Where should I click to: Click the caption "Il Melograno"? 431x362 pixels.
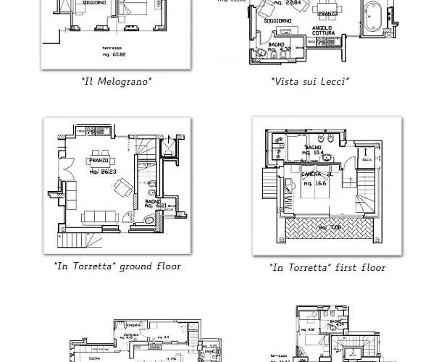click(x=117, y=82)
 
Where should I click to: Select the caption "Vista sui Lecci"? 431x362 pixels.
click(x=310, y=82)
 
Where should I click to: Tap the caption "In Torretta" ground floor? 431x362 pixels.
click(x=117, y=266)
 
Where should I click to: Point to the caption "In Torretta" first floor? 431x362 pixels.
click(x=327, y=268)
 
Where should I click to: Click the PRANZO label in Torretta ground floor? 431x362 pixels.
click(x=98, y=161)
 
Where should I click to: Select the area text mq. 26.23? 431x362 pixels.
click(x=102, y=172)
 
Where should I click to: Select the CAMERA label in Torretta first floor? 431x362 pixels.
click(x=314, y=175)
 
